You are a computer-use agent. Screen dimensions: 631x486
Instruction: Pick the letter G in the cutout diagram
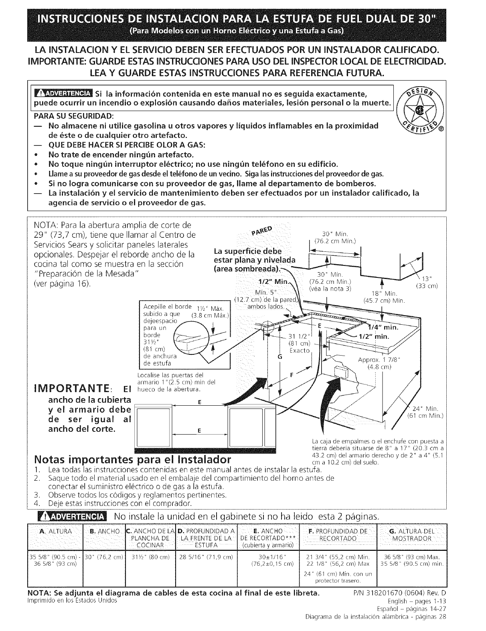coord(280,356)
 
